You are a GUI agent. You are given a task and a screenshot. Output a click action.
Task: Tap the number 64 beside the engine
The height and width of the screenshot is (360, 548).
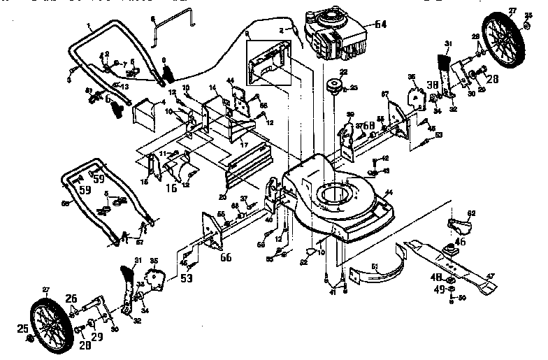click(380, 24)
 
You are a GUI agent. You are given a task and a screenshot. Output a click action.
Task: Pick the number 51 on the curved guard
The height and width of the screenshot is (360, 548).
click(374, 266)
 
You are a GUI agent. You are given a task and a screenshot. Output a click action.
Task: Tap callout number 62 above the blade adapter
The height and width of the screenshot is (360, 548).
click(471, 213)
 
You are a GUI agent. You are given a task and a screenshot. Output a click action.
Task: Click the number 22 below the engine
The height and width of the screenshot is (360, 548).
click(344, 73)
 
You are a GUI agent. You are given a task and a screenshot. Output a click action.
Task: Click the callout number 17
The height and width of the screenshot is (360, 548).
click(245, 145)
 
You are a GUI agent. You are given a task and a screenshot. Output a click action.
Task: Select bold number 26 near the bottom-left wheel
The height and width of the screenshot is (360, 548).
click(72, 299)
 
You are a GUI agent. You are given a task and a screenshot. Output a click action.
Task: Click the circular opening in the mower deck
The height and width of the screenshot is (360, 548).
click(335, 194)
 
